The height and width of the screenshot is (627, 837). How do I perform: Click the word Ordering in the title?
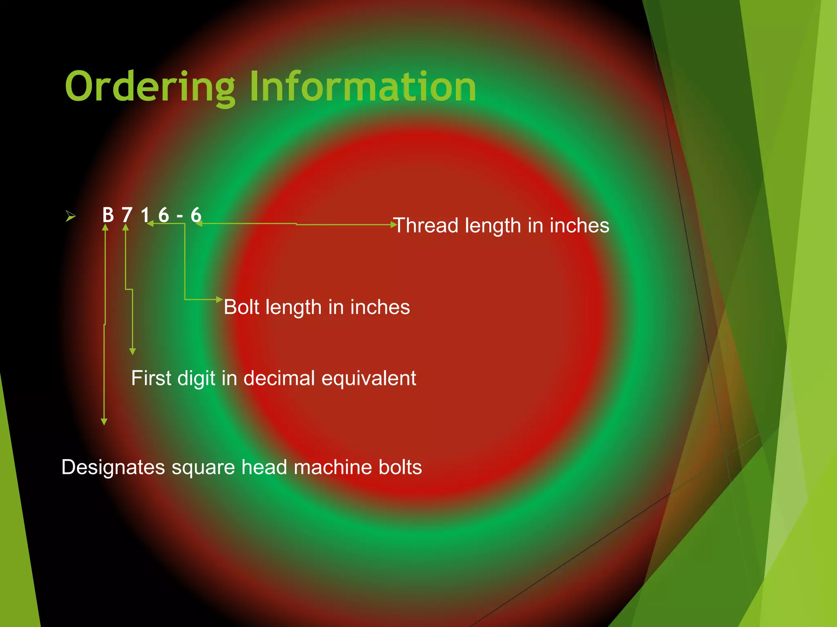tap(150, 87)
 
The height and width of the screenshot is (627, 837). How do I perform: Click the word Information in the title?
tap(363, 87)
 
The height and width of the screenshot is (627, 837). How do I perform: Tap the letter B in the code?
tap(108, 215)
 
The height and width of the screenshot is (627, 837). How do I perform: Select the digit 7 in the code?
tap(127, 215)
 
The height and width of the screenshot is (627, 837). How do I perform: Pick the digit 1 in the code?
tap(145, 215)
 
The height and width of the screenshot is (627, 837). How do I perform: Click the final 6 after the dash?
tap(196, 215)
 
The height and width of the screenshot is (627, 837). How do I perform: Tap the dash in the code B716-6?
tap(180, 216)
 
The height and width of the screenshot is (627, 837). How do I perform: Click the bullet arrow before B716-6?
tap(71, 216)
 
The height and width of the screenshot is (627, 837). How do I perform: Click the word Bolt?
tap(242, 307)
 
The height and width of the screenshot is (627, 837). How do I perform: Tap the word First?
tap(151, 378)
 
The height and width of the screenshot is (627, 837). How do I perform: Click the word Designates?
tap(113, 467)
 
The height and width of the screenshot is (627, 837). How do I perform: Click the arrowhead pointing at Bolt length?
tap(219, 300)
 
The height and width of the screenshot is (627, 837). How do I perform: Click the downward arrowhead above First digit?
tap(132, 351)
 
